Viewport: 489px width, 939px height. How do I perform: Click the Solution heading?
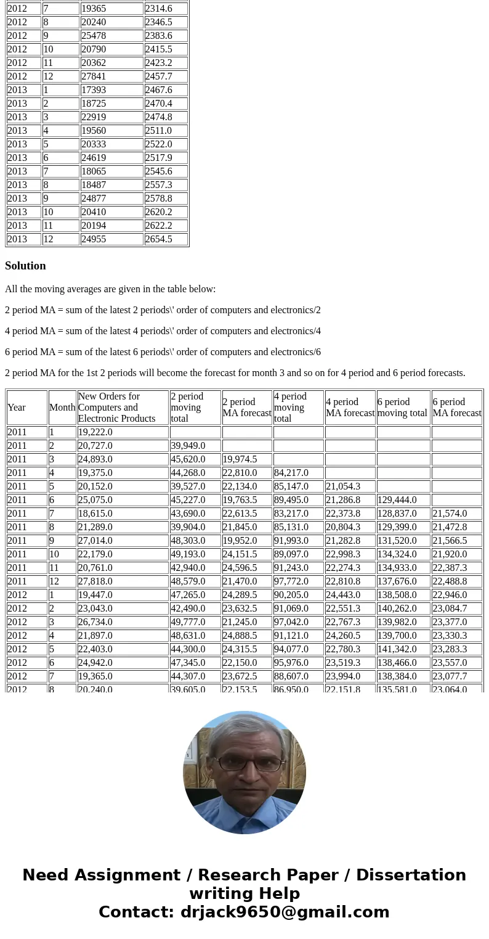click(25, 266)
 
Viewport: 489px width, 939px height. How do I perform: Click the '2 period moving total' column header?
click(195, 408)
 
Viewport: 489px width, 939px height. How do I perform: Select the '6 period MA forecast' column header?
click(456, 408)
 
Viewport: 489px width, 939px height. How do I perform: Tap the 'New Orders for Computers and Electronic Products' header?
click(122, 408)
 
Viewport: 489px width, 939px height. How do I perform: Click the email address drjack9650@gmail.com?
click(285, 912)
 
